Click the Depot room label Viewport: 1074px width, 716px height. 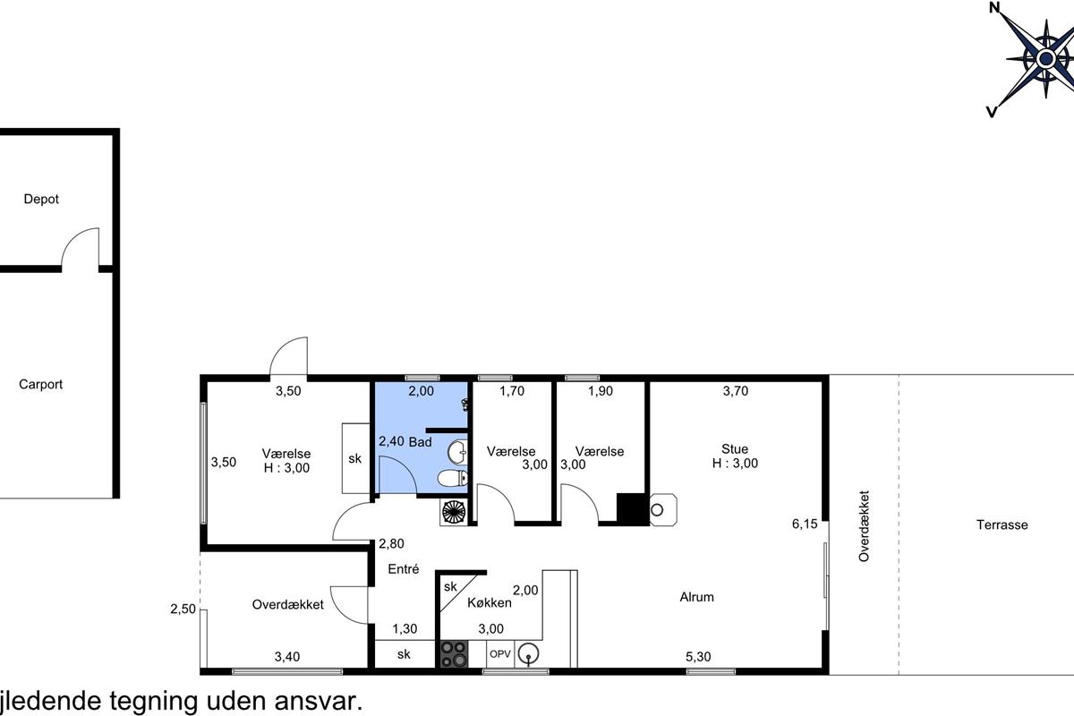(x=41, y=199)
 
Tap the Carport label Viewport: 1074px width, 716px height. (x=41, y=384)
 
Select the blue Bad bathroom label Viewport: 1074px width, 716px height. (x=420, y=442)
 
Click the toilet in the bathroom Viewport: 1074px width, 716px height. (x=452, y=478)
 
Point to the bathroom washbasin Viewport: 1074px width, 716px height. (x=457, y=452)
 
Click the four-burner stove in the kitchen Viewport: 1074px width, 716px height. (x=454, y=654)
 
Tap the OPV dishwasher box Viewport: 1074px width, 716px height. (x=500, y=653)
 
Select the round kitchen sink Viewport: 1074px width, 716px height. (x=528, y=653)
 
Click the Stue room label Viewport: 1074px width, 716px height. (x=735, y=449)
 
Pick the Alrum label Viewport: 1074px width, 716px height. (x=696, y=597)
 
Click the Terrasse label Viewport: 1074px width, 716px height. (x=1002, y=524)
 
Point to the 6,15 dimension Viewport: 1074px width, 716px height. (x=805, y=524)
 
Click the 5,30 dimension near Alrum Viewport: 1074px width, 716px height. (x=698, y=657)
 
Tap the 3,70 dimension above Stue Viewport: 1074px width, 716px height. (x=736, y=391)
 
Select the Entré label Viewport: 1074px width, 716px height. (x=404, y=568)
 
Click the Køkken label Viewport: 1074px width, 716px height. (x=489, y=602)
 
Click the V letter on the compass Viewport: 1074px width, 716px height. (x=992, y=112)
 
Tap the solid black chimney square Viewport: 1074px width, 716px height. (x=633, y=509)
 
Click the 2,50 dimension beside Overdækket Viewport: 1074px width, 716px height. (x=183, y=609)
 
